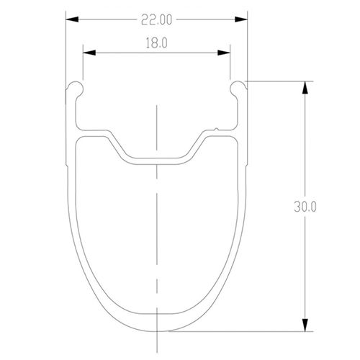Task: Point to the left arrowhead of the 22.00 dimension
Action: click(x=71, y=22)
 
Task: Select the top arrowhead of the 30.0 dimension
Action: click(x=307, y=86)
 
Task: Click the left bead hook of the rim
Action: click(x=76, y=89)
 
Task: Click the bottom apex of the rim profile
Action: click(x=156, y=330)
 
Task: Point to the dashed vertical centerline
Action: click(x=156, y=238)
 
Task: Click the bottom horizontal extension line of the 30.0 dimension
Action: click(x=238, y=331)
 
